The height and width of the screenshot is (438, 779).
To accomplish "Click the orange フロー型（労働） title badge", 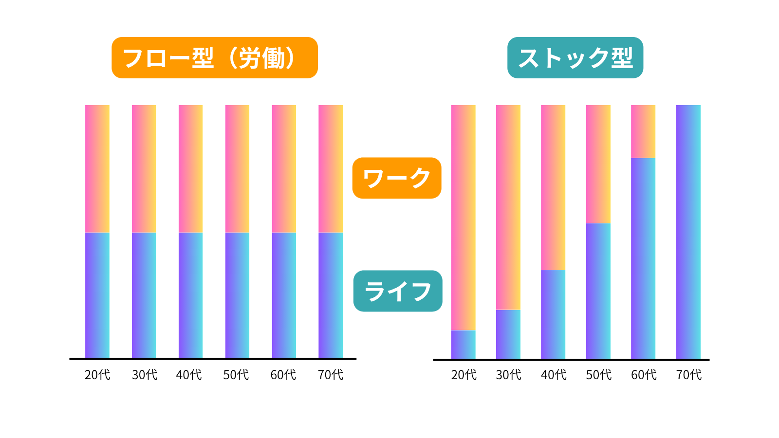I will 214,58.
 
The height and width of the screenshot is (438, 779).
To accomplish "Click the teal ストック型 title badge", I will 575,58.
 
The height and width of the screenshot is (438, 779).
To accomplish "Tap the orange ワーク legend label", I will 396,178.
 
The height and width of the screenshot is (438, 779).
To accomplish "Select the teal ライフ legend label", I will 397,291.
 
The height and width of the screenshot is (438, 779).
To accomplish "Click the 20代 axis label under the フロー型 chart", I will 97,375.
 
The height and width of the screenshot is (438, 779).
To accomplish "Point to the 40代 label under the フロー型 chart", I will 189,375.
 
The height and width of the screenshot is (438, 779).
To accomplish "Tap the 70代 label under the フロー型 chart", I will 331,375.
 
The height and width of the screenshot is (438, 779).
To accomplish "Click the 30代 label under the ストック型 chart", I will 508,375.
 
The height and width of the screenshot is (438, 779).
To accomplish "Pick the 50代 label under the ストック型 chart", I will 598,375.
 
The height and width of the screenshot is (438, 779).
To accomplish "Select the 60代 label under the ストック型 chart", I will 644,375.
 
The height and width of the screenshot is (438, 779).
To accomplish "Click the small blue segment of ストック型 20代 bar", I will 463,345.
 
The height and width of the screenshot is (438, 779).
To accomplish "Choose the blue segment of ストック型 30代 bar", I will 508,334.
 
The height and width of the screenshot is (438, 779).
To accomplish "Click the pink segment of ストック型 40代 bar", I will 553,187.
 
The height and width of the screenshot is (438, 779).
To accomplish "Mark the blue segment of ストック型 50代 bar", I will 598,291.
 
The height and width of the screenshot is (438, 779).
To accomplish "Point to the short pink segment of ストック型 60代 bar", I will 643,131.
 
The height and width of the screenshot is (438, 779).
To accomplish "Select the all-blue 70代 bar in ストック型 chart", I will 688,232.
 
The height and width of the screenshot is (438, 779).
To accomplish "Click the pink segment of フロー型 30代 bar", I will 144,168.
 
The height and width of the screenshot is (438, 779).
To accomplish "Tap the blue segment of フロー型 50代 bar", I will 237,295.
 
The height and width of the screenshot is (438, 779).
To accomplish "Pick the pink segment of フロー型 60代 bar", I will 284,168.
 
